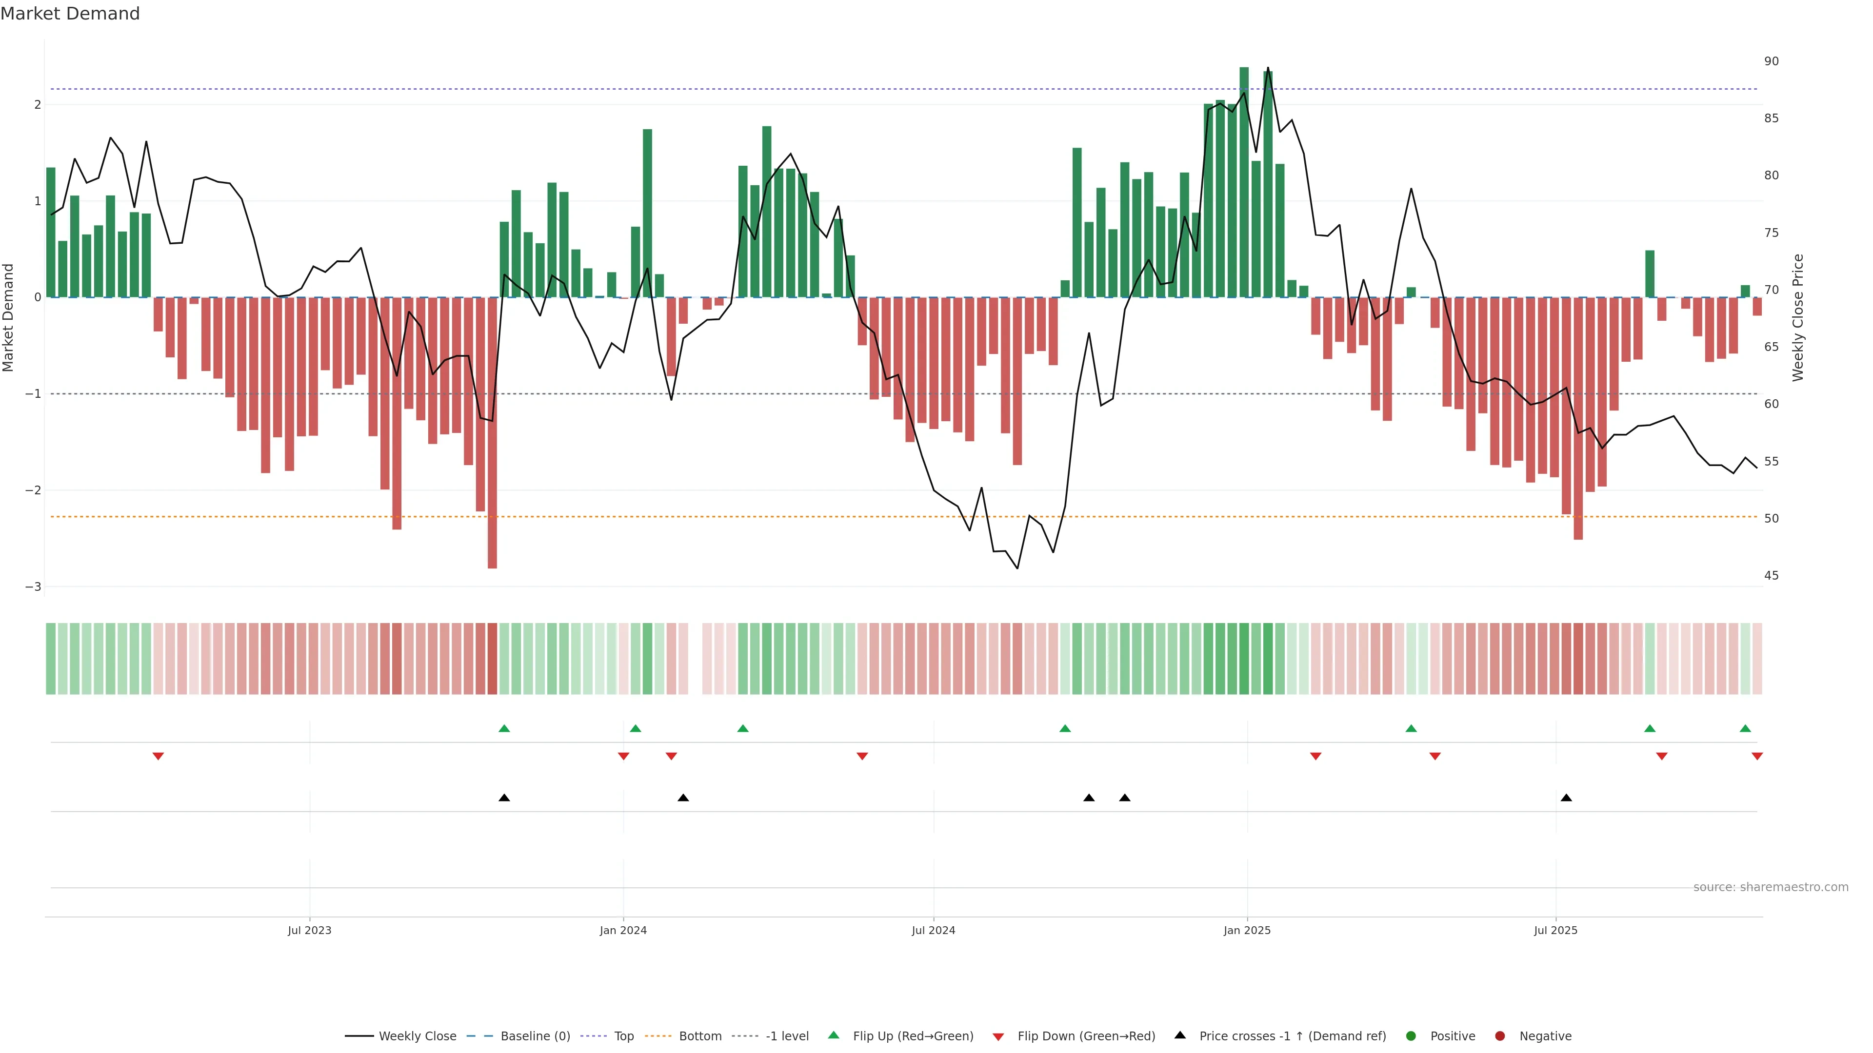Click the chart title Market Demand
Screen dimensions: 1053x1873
click(70, 14)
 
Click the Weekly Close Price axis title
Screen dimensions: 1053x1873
click(1797, 317)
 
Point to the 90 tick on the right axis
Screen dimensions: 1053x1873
click(1771, 61)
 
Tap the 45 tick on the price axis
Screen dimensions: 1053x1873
click(1771, 576)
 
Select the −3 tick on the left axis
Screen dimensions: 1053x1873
click(33, 586)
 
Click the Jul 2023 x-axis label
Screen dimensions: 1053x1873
click(309, 930)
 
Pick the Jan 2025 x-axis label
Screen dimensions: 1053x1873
click(1247, 930)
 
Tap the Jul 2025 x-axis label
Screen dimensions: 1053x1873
click(1555, 930)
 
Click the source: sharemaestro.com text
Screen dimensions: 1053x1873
click(1771, 887)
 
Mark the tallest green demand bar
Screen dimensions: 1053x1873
click(1244, 182)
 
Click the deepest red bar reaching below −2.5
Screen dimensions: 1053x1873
click(492, 436)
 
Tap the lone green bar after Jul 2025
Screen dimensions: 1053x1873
click(1650, 274)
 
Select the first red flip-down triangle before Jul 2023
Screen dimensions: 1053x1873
click(158, 757)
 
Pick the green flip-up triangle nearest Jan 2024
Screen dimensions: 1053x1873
click(636, 729)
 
